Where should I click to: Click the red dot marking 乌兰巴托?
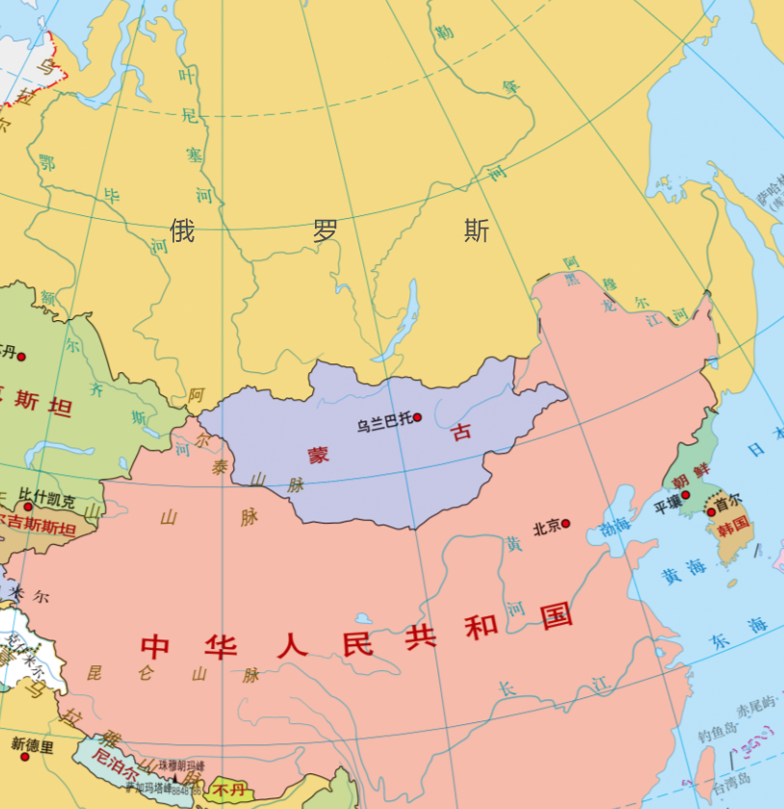(x=417, y=418)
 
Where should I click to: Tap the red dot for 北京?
(x=565, y=524)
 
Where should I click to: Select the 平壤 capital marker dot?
(x=686, y=495)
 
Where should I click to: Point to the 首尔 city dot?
(x=711, y=512)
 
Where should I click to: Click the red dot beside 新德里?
(x=25, y=756)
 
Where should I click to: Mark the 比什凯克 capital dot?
(x=28, y=506)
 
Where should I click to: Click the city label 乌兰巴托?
(x=383, y=422)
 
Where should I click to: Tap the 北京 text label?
(x=546, y=527)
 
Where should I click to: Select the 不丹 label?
(x=229, y=790)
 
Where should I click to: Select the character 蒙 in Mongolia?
(x=318, y=454)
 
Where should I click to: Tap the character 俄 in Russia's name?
(x=183, y=230)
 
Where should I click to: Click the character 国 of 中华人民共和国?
(x=557, y=615)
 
